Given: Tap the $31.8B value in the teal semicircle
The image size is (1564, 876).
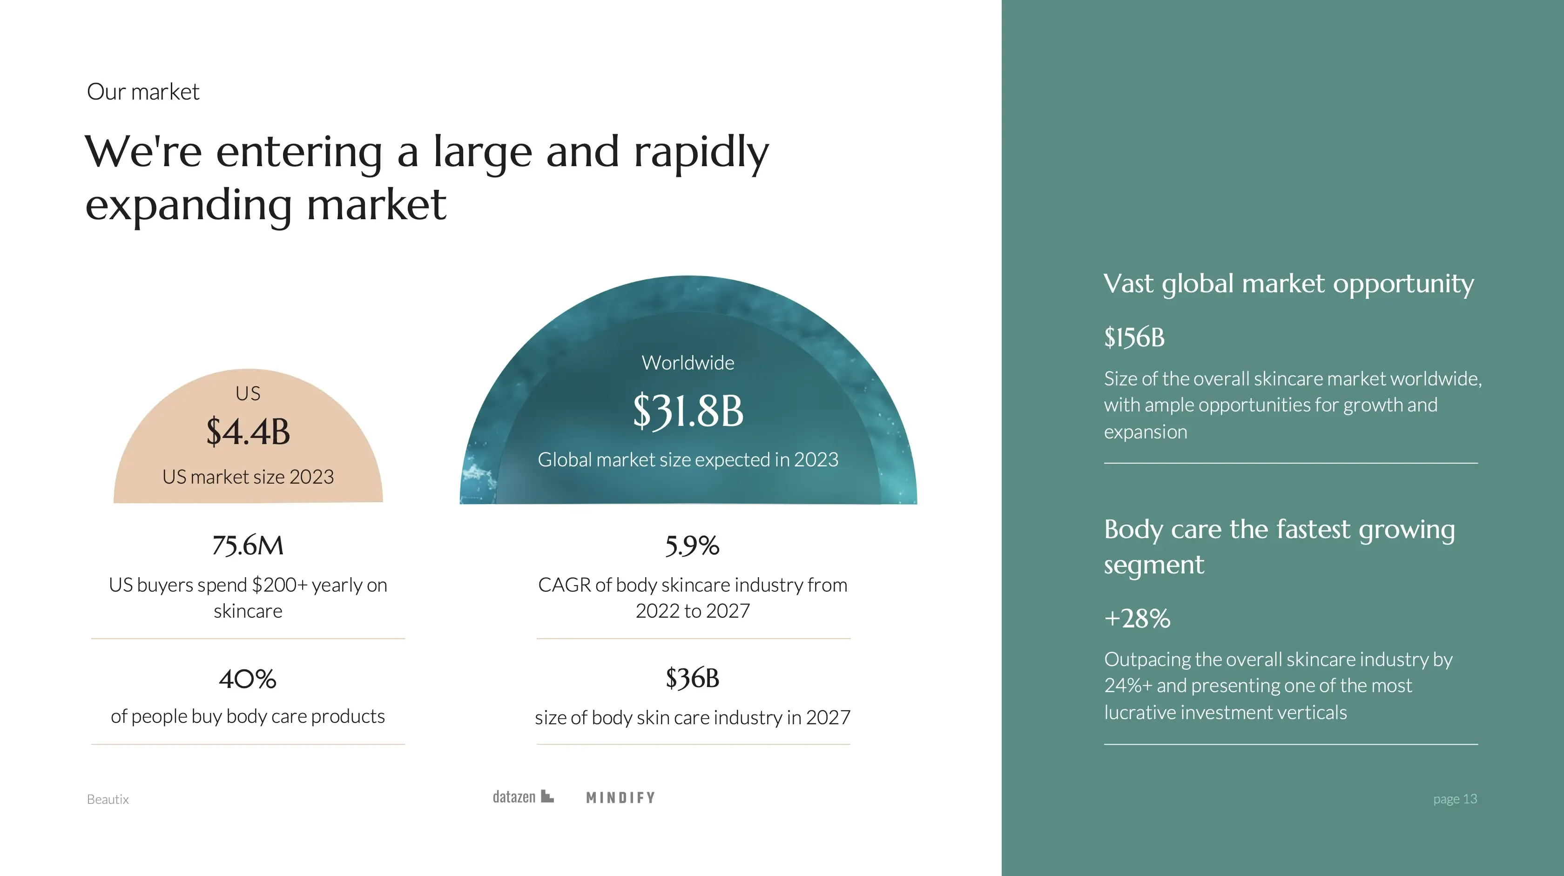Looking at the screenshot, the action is pyautogui.click(x=688, y=411).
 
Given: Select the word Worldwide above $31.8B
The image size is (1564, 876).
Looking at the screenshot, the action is pyautogui.click(x=688, y=363).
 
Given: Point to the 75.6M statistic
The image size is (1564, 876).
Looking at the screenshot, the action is pyautogui.click(x=248, y=545).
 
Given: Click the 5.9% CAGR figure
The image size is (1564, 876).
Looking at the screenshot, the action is pyautogui.click(x=692, y=545).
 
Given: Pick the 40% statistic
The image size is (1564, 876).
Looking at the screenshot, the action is pyautogui.click(x=248, y=679).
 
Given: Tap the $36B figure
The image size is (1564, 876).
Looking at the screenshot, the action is pyautogui.click(x=692, y=678).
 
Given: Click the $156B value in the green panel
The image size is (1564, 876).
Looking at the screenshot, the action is pyautogui.click(x=1134, y=337).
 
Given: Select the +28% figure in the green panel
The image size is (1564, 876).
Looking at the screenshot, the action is pyautogui.click(x=1137, y=619).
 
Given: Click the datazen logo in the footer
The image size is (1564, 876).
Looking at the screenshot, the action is pyautogui.click(x=523, y=796).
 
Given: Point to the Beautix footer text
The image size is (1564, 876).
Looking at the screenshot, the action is pyautogui.click(x=108, y=799).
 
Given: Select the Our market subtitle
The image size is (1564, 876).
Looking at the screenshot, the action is pyautogui.click(x=143, y=92).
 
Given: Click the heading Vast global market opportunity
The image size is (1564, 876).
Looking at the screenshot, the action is pyautogui.click(x=1288, y=284).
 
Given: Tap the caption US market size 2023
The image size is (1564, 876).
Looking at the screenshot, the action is pyautogui.click(x=248, y=477).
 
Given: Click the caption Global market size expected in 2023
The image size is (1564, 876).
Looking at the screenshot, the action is pyautogui.click(x=688, y=459).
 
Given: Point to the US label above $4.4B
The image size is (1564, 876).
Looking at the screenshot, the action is pyautogui.click(x=248, y=393).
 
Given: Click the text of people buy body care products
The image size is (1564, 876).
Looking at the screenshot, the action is pyautogui.click(x=248, y=716).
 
